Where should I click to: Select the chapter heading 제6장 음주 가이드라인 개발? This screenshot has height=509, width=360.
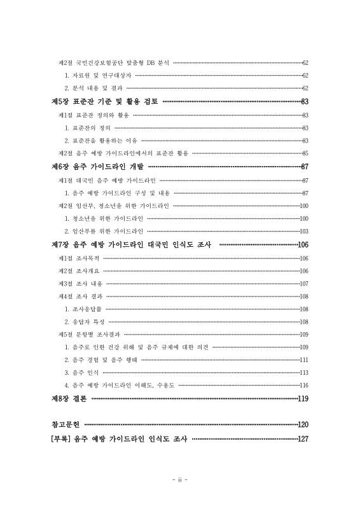[97, 167]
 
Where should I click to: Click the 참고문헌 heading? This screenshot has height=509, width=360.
[66, 424]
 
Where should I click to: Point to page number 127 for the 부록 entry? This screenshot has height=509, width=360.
[303, 438]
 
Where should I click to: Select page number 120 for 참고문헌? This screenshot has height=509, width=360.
[303, 424]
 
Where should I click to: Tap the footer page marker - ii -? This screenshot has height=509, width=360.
[180, 478]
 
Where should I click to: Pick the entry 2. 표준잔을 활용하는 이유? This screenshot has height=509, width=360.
[100, 140]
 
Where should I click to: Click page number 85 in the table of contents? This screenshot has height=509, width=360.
[305, 153]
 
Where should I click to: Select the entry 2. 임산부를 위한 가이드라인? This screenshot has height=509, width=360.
[104, 231]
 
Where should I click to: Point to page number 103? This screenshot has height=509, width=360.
[303, 231]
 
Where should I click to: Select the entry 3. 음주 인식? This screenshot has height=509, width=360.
[81, 372]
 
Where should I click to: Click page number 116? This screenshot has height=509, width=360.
[303, 385]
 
